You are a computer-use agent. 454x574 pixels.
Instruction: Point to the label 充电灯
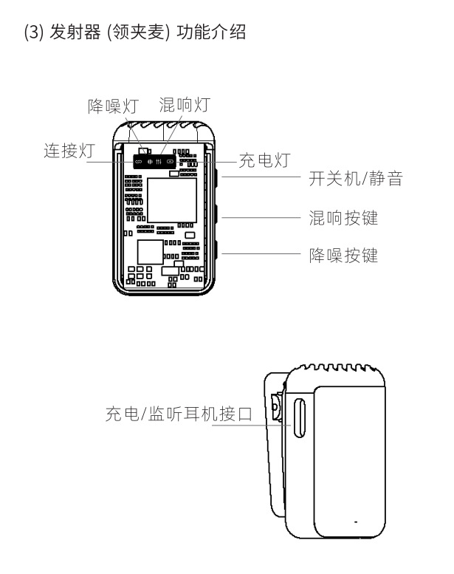tap(264, 160)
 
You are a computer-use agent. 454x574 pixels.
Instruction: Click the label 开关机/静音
tap(354, 179)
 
